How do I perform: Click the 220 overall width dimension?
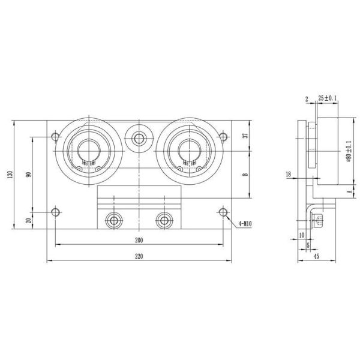click(x=139, y=256)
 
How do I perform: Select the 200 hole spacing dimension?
click(x=139, y=240)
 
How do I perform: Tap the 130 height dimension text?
click(x=10, y=175)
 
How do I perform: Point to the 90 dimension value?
click(x=28, y=175)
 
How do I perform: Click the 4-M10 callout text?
click(x=245, y=224)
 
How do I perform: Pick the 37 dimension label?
click(x=245, y=136)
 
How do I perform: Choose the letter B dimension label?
click(x=245, y=175)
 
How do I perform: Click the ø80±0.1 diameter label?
click(x=349, y=151)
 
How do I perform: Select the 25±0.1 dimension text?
click(x=328, y=98)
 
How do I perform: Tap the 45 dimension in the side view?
click(x=316, y=256)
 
